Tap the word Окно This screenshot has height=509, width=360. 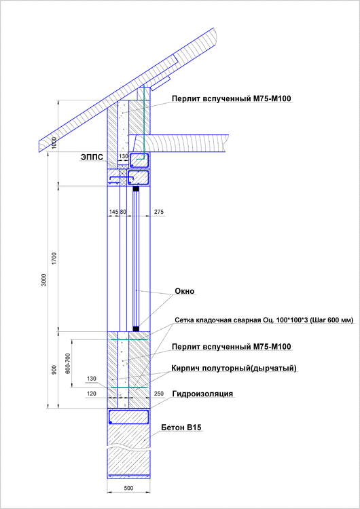tap(184, 291)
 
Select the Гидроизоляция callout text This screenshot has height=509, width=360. tap(203, 394)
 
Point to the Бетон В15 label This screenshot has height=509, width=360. tap(181, 428)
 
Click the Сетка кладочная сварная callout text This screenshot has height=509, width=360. tap(264, 320)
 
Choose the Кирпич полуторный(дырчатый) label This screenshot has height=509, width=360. tap(234, 368)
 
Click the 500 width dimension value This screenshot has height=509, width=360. tap(128, 489)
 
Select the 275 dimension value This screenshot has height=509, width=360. tap(160, 212)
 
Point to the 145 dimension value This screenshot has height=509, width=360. tap(113, 212)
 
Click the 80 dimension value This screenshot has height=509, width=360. tap(124, 212)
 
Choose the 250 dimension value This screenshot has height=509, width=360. tap(159, 394)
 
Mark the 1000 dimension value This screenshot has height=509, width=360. tap(54, 143)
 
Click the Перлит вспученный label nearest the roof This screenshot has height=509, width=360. tap(231, 99)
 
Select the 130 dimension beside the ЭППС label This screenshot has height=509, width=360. tap(124, 156)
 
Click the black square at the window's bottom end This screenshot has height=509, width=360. tap(136, 328)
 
